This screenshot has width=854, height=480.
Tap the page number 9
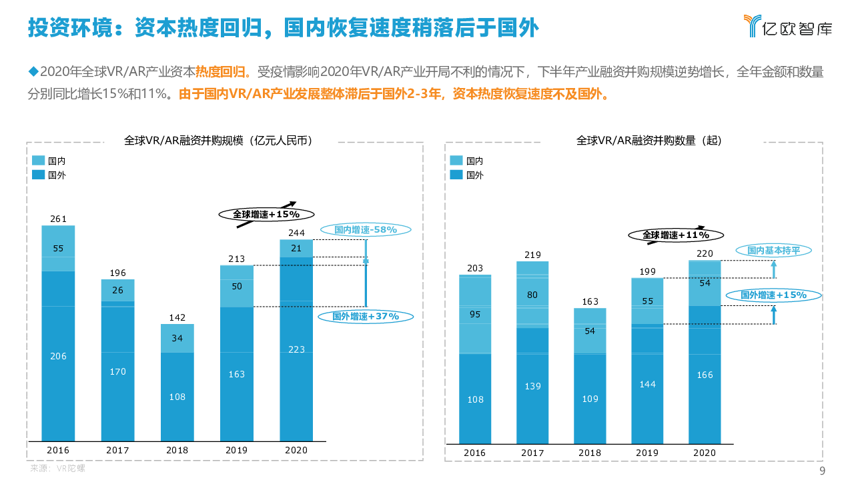tap(822, 471)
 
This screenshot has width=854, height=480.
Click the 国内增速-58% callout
tap(365, 229)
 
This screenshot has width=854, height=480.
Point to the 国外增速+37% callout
tap(365, 316)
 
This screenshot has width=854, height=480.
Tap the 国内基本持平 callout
tap(773, 250)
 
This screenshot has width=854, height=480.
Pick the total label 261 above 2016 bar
tap(58, 219)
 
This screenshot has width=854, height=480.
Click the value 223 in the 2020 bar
tap(296, 349)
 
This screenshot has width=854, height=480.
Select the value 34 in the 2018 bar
tap(177, 338)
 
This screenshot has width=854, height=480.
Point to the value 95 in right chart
tap(475, 314)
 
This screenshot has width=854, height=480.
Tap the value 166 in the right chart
tap(705, 375)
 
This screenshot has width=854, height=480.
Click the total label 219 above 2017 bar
tap(532, 255)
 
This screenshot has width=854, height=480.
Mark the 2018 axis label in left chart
tap(177, 450)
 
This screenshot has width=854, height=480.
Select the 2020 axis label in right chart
tap(705, 453)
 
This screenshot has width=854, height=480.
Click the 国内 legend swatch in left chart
tap(38, 161)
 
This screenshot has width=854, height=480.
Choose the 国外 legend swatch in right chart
tap(456, 175)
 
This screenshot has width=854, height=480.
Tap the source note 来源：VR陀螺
tap(58, 468)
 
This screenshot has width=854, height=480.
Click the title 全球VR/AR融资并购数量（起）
tap(649, 141)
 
